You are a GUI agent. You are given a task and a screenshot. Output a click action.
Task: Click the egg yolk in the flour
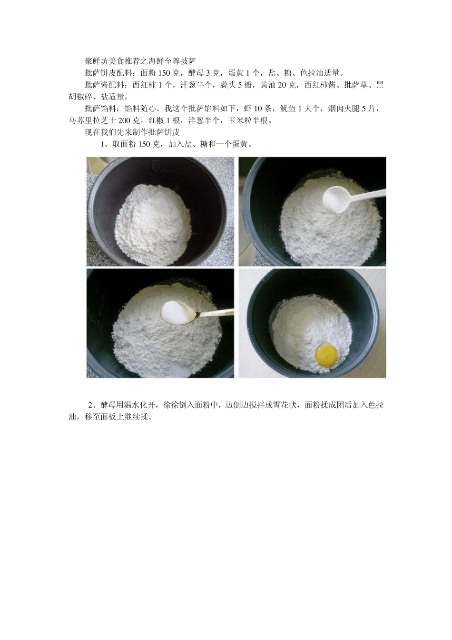coord(326,353)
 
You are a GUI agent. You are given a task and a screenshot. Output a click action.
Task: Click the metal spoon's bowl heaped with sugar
coord(178,312)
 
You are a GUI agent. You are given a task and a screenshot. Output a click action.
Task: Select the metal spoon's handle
coord(216,313)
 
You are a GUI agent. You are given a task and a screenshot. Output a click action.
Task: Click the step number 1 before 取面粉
coord(103,144)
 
